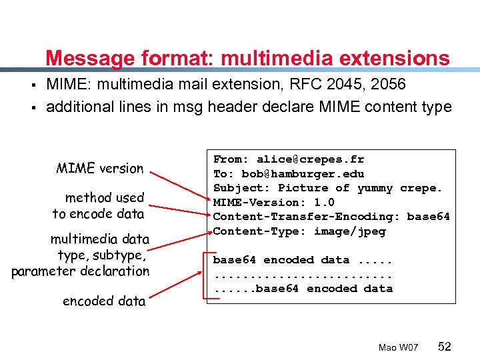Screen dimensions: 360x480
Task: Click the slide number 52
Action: pyautogui.click(x=445, y=346)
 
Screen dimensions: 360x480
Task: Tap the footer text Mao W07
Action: pyautogui.click(x=398, y=347)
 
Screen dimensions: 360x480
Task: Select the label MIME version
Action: pyautogui.click(x=100, y=168)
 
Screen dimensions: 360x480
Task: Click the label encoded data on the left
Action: pyautogui.click(x=104, y=301)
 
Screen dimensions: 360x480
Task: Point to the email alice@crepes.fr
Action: pyautogui.click(x=311, y=159)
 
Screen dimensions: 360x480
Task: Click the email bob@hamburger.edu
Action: pyautogui.click(x=303, y=174)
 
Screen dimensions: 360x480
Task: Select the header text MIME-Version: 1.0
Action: pyautogui.click(x=274, y=203)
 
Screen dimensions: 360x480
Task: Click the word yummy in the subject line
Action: pyautogui.click(x=375, y=188)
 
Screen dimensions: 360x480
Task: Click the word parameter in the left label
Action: pyautogui.click(x=44, y=271)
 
